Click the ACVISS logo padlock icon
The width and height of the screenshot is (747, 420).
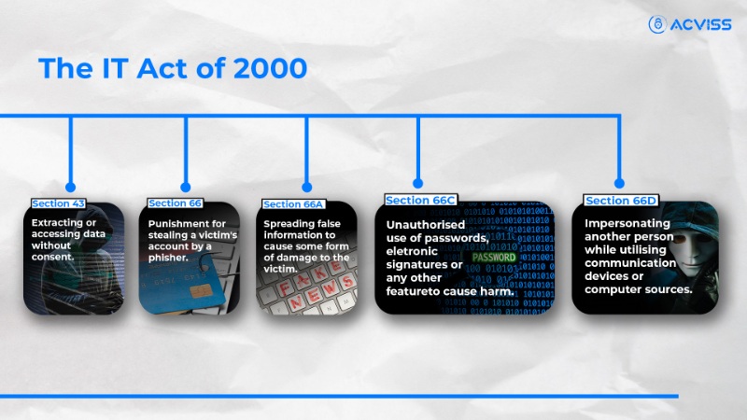point(657,25)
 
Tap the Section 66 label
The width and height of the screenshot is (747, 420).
point(174,203)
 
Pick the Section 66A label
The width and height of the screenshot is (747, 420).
point(293,204)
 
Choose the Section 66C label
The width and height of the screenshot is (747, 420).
point(419,201)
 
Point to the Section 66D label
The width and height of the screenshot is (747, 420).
point(620,201)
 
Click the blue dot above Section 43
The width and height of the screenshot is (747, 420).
point(69,188)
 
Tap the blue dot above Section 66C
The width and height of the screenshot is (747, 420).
point(418,183)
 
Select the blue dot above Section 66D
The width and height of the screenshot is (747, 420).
point(619,183)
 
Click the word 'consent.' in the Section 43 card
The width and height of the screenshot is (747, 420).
point(54,257)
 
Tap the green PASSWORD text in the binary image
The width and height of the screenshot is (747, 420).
point(494,257)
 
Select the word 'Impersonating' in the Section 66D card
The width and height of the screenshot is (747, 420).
point(627,224)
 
